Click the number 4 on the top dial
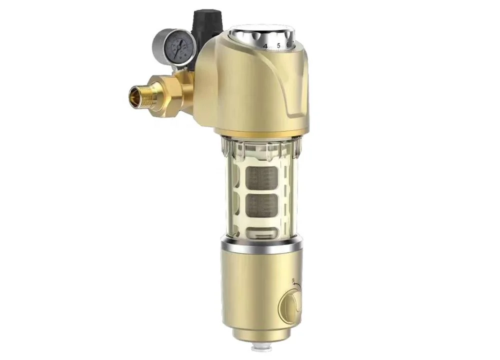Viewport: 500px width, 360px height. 265,45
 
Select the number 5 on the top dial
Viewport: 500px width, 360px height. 278,45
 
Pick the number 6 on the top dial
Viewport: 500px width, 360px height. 288,44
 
